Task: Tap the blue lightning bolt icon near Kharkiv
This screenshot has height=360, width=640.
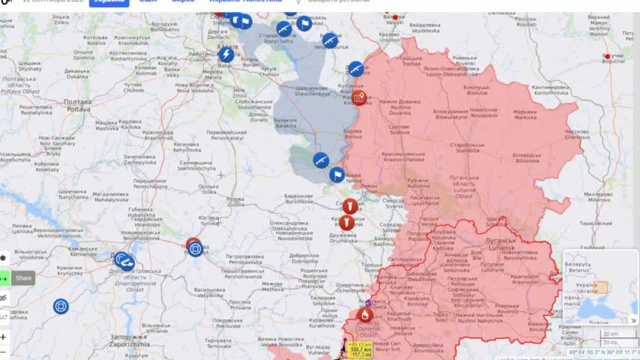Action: (226, 55)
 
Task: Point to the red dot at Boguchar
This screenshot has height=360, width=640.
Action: (608, 56)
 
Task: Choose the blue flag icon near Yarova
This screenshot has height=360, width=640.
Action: (337, 175)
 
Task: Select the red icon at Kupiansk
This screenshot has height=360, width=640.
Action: (360, 97)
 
